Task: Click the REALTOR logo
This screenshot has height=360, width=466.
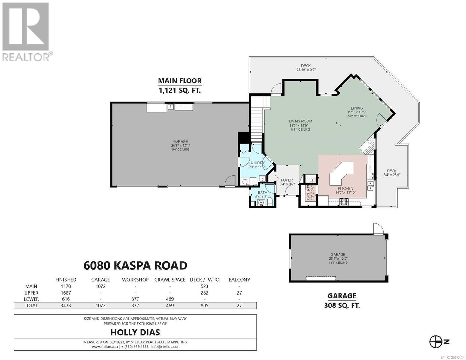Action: coord(27,32)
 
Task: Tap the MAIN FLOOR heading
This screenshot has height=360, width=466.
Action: coord(180,81)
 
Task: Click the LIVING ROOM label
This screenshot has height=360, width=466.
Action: coord(301,121)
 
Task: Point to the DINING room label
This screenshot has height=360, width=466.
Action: coord(357,108)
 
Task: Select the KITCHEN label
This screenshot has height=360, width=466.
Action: coord(345,188)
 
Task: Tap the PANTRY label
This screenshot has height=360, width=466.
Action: coord(308,193)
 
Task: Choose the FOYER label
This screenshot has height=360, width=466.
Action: coord(287,180)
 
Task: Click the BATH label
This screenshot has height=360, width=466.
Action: coord(262,193)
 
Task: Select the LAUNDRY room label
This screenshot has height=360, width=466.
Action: coord(256,163)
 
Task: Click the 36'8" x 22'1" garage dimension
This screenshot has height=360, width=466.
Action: coord(180,145)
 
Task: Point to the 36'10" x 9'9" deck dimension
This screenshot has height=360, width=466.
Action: coord(306,70)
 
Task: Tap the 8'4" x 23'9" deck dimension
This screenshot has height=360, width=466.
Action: coord(392,175)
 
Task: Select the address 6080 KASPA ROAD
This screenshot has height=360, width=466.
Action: coord(135,265)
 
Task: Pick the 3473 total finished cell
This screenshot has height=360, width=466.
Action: coord(66,306)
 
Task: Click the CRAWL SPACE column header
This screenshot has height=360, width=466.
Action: coord(170,280)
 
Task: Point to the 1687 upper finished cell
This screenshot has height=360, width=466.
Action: coord(66,293)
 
